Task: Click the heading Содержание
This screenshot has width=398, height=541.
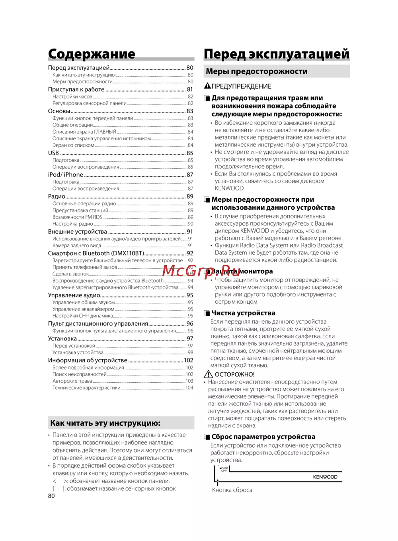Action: tap(92, 54)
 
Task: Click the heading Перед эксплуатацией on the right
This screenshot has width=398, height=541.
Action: tap(276, 54)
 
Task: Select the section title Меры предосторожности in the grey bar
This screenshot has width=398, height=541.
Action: tap(256, 71)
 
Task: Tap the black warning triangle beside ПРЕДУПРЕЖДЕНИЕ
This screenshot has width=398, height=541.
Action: tap(207, 86)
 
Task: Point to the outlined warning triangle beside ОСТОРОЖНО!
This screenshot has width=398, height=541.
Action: tap(208, 374)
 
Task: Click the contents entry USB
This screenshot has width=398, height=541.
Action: tap(53, 153)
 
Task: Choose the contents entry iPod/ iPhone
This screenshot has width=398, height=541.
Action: tap(66, 175)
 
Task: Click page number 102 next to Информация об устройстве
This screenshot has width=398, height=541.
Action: tap(189, 360)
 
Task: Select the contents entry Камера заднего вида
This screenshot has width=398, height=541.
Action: tap(77, 246)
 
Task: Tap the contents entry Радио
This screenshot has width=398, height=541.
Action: tap(57, 197)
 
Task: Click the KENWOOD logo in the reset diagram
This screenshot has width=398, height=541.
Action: tap(325, 477)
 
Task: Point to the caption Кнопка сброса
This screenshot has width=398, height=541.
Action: tap(232, 490)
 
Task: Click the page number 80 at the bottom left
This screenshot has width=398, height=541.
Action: tap(51, 496)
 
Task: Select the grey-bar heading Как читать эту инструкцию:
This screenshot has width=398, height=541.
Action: tap(105, 423)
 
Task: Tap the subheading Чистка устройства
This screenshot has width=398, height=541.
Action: tap(243, 313)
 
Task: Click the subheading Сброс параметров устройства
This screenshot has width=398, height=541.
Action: tap(263, 437)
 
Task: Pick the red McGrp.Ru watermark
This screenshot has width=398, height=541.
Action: tap(201, 271)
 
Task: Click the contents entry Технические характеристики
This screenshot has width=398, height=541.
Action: tap(86, 388)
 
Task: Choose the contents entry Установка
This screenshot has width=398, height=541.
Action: tap(62, 339)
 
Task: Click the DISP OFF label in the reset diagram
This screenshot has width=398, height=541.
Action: tap(224, 469)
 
